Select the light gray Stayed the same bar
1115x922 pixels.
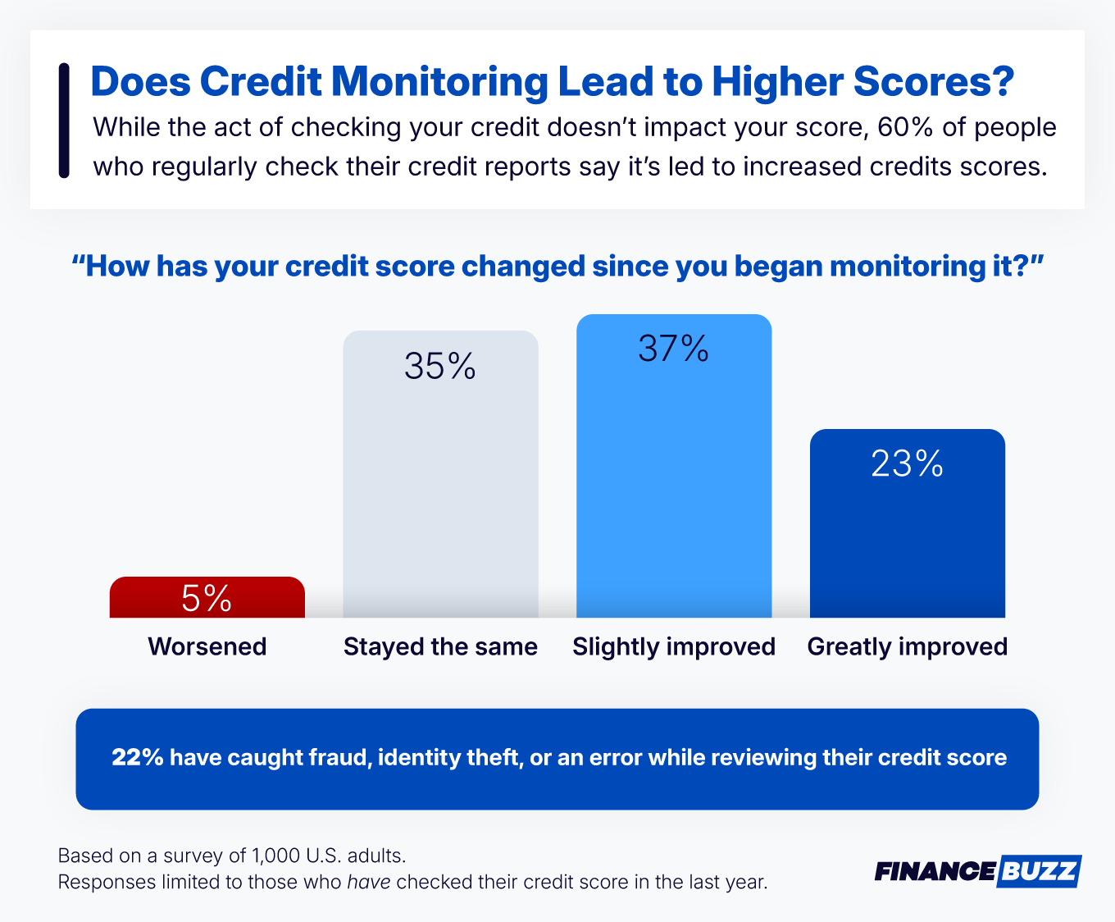pyautogui.click(x=440, y=492)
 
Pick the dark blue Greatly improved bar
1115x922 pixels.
pyautogui.click(x=907, y=541)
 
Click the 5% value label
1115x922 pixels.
pyautogui.click(x=207, y=598)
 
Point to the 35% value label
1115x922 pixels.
pyautogui.click(x=440, y=367)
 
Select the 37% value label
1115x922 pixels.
pyautogui.click(x=674, y=349)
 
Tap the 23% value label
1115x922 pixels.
pyautogui.click(x=907, y=464)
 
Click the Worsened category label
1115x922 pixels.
pyautogui.click(x=207, y=646)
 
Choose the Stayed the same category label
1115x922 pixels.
pyautogui.click(x=440, y=646)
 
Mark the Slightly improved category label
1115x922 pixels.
pyautogui.click(x=674, y=646)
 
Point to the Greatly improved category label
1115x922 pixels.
pyautogui.click(x=908, y=646)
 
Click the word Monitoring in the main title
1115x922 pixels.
pyautogui.click(x=439, y=82)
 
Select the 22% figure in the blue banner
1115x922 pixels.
pyautogui.click(x=138, y=757)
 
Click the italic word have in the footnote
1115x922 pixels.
pyautogui.click(x=369, y=883)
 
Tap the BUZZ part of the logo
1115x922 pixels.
pyautogui.click(x=1039, y=871)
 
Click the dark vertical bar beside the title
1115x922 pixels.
pyautogui.click(x=64, y=121)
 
